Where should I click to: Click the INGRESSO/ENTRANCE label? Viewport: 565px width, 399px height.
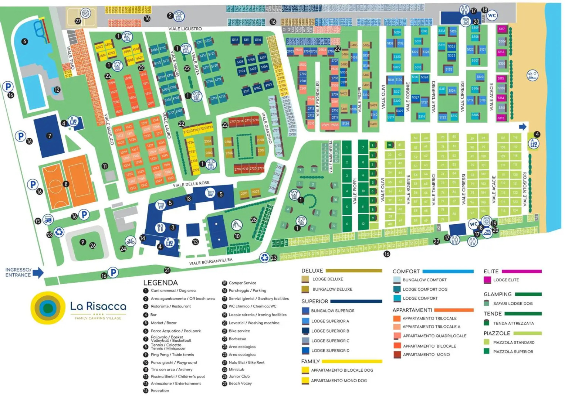pyautogui.click(x=18, y=272)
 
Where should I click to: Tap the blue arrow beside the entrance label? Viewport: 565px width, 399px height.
pyautogui.click(x=38, y=273)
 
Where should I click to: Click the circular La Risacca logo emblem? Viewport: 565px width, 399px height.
pyautogui.click(x=48, y=308)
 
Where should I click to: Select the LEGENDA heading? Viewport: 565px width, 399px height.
pyautogui.click(x=160, y=283)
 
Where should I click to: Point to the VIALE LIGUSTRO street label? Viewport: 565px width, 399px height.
pyautogui.click(x=185, y=29)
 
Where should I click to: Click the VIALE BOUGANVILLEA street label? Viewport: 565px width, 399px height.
pyautogui.click(x=211, y=262)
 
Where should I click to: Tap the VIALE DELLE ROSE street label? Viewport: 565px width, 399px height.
pyautogui.click(x=191, y=184)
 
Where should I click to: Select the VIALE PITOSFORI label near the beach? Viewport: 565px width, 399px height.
pyautogui.click(x=525, y=189)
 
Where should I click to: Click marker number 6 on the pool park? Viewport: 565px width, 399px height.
pyautogui.click(x=25, y=41)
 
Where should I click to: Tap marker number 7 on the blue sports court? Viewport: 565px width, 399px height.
pyautogui.click(x=49, y=136)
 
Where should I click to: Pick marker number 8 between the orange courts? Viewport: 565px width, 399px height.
pyautogui.click(x=66, y=184)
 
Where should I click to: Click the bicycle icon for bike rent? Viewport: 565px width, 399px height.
pyautogui.click(x=130, y=241)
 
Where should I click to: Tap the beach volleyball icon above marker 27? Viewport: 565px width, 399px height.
pyautogui.click(x=86, y=14)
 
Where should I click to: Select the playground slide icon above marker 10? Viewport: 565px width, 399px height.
pyautogui.click(x=236, y=224)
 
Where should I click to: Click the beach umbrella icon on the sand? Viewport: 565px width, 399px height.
pyautogui.click(x=532, y=75)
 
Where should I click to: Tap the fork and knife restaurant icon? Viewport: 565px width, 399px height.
pyautogui.click(x=160, y=227)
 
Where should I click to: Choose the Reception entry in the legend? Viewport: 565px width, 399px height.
pyautogui.click(x=160, y=391)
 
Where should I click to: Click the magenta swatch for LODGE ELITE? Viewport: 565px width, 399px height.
pyautogui.click(x=487, y=280)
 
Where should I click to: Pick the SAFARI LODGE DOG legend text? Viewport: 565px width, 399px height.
pyautogui.click(x=512, y=304)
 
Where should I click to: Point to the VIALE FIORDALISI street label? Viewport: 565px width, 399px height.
pyautogui.click(x=317, y=99)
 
